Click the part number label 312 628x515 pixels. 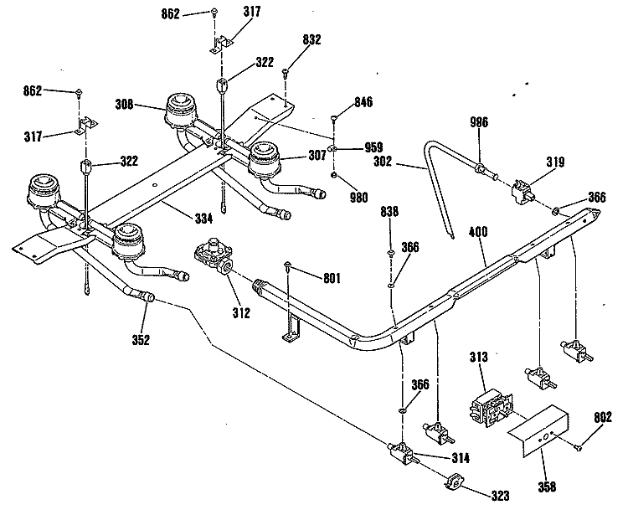(x=241, y=312)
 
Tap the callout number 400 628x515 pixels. (x=478, y=231)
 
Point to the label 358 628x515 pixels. (x=547, y=487)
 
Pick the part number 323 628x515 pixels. (x=500, y=496)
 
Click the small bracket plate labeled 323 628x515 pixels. (x=453, y=482)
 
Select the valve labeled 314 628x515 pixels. (x=402, y=453)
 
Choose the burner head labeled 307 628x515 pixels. (x=264, y=159)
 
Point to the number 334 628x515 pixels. (x=203, y=219)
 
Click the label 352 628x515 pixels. (x=141, y=340)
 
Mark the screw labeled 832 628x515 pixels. (x=286, y=73)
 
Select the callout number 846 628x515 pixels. (x=363, y=101)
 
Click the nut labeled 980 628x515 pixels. (x=333, y=175)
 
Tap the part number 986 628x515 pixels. (x=479, y=121)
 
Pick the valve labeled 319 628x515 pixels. (x=522, y=192)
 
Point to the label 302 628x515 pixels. (x=383, y=162)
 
